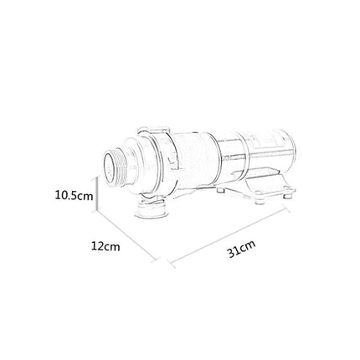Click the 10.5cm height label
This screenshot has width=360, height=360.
[73, 196]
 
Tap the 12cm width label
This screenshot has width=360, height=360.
[106, 247]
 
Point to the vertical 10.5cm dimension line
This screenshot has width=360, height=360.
[100, 197]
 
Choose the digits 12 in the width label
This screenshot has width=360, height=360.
[100, 247]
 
